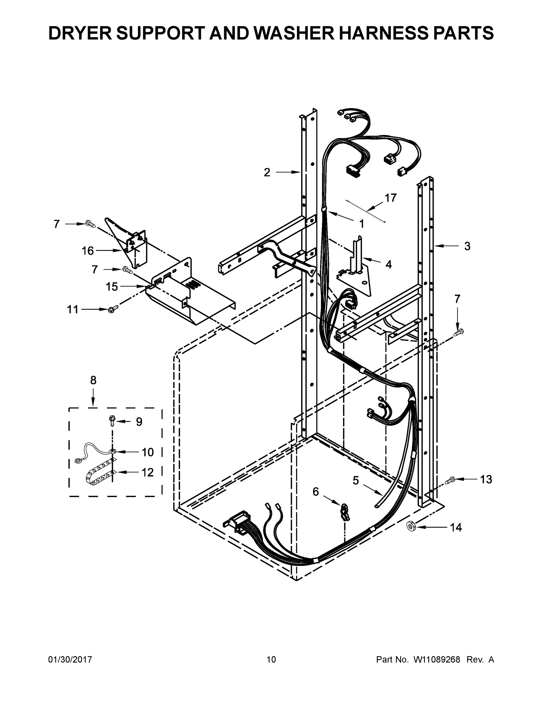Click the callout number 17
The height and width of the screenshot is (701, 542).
point(390,198)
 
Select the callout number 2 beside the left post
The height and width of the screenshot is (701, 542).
point(267,173)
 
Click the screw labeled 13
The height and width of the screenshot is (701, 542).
point(450,480)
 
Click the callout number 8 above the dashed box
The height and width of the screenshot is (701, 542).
point(93,380)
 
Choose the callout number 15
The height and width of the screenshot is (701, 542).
point(112,287)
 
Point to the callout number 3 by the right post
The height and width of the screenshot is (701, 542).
point(467,246)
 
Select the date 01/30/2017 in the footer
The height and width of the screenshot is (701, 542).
point(70,660)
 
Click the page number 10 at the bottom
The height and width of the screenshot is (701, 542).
point(271,660)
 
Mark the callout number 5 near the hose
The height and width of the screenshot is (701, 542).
point(356,480)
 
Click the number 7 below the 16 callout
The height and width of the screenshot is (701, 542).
point(94,269)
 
